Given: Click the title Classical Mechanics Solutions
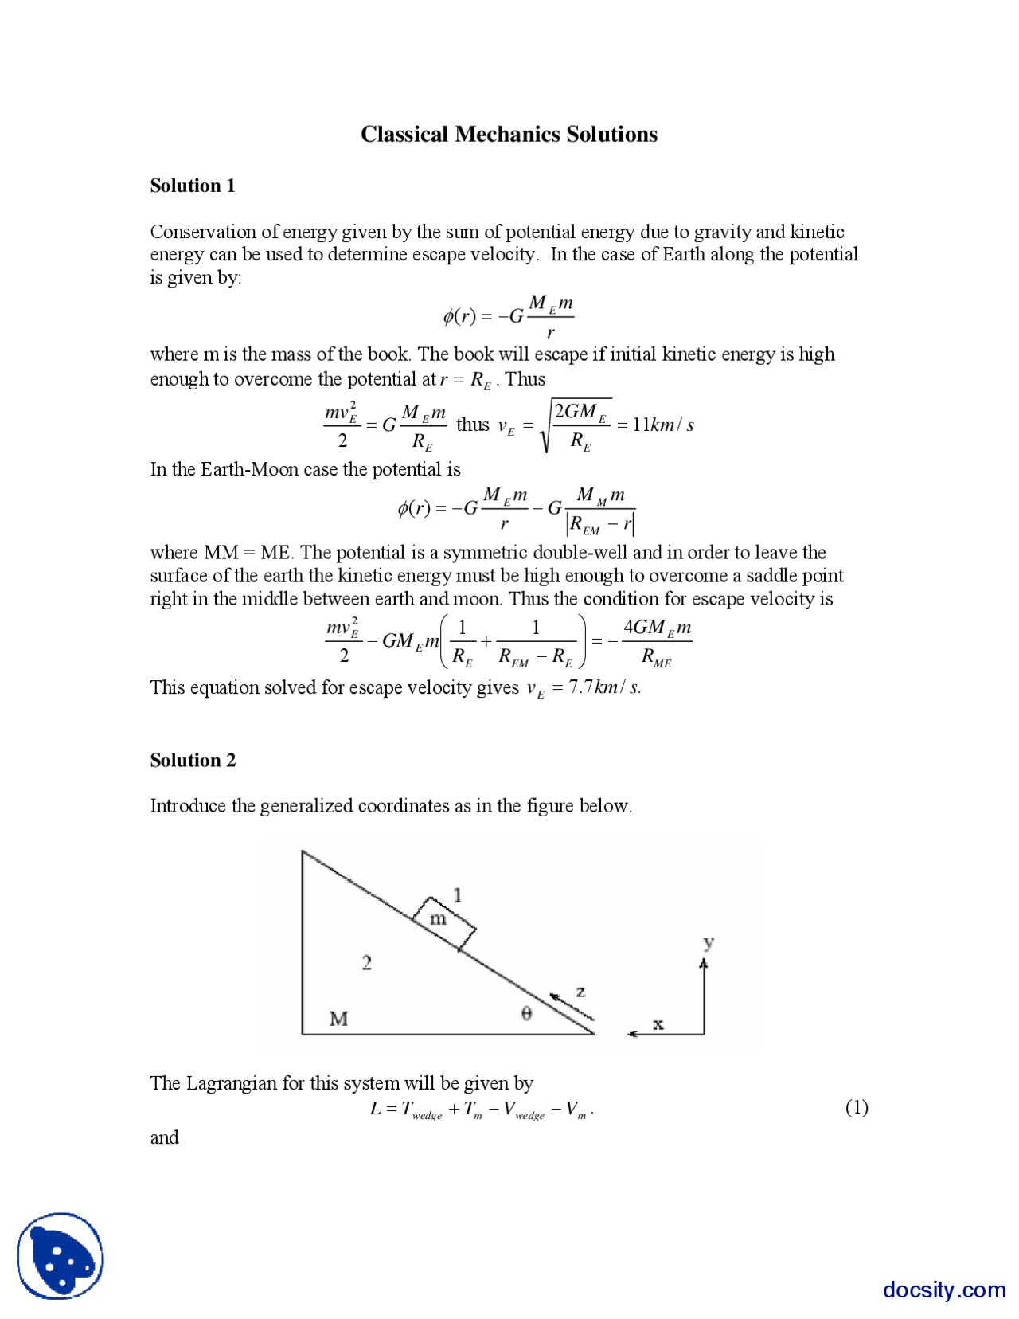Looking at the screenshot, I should [509, 134].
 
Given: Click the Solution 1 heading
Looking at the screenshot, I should [193, 186].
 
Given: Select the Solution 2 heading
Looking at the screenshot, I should [193, 760].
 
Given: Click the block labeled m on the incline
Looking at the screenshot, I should [443, 922].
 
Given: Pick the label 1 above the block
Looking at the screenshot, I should [458, 895].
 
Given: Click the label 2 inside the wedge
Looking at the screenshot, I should [366, 963].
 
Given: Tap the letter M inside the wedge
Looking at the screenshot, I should [338, 1019].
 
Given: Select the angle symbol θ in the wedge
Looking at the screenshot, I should [526, 1013].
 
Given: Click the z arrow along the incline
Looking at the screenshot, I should [572, 1005].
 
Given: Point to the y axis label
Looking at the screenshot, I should [709, 944].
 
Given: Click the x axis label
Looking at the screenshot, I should [658, 1024].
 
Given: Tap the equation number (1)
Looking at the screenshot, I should [856, 1107].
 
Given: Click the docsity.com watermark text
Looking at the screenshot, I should [943, 1289].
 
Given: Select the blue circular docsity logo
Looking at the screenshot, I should [61, 1256].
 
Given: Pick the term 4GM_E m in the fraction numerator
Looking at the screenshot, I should [657, 628].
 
